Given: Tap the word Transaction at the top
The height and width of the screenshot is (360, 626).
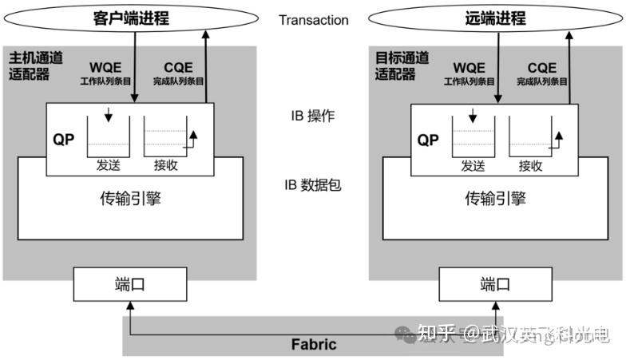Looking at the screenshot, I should (313, 20).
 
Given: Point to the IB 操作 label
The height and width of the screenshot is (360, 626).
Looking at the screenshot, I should (312, 116).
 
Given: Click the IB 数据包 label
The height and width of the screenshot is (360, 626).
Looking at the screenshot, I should (312, 185).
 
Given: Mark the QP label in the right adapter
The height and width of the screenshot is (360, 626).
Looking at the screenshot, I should (429, 140).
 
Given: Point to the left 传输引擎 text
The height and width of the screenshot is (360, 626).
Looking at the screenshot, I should (130, 199).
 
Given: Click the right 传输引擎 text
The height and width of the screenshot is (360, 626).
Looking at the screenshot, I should (496, 199).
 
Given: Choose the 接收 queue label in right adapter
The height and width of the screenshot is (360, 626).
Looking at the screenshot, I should (530, 166).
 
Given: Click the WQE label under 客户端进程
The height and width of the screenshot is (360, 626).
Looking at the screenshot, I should (107, 67).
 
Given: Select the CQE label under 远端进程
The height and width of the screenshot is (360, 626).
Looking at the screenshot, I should (541, 67).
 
